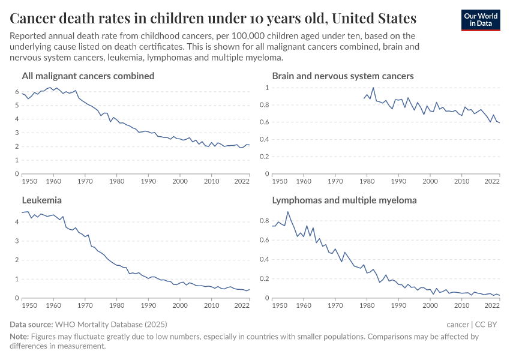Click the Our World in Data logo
point(480,20)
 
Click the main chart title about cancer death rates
point(213,17)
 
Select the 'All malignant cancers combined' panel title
point(88,76)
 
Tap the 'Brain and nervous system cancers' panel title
point(343,76)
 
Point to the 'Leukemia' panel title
point(42,200)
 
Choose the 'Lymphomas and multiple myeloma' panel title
point(344,200)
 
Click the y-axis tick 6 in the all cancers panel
point(16,91)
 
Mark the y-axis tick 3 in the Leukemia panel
point(16,241)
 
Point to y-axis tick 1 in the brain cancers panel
point(266,88)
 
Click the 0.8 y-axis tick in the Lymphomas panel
point(264,221)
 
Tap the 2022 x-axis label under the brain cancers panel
point(492,181)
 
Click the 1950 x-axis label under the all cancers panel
point(29,181)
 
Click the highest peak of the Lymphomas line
point(288,212)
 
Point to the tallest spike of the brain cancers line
point(373,88)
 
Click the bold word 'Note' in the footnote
point(19,337)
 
